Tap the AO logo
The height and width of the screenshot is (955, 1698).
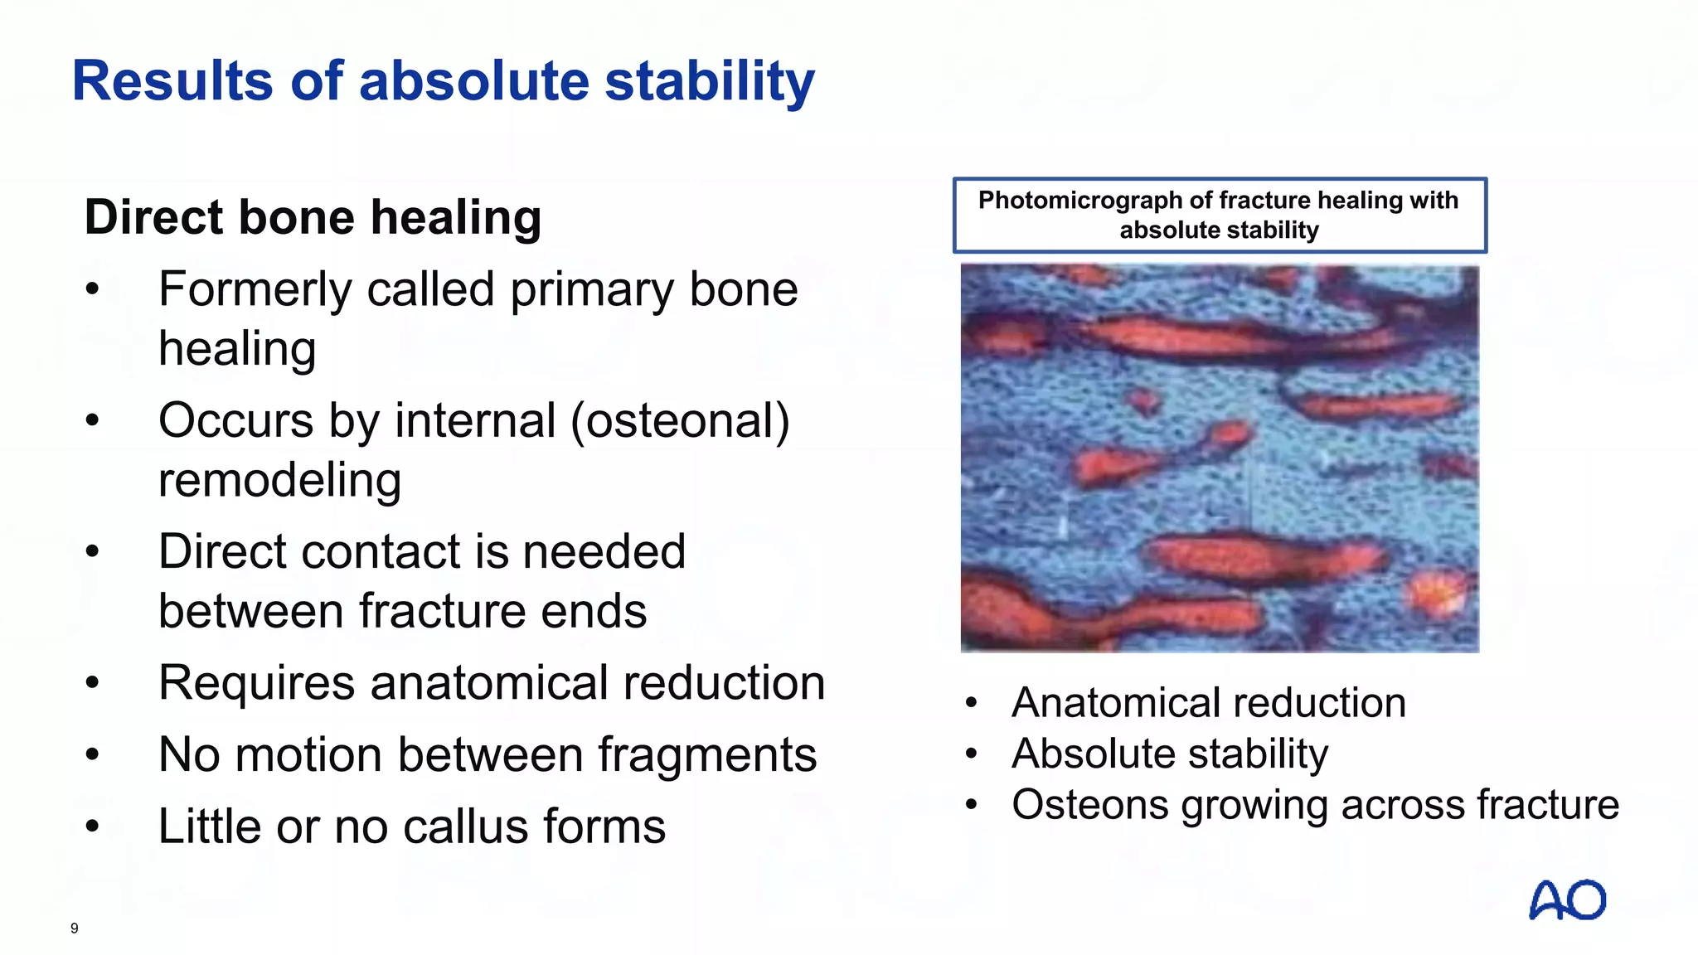(1567, 900)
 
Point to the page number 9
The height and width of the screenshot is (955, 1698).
(75, 928)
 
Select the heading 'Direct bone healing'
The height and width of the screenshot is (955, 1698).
(313, 217)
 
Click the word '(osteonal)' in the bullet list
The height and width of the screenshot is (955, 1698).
(680, 421)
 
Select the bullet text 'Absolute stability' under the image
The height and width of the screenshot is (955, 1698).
(1169, 754)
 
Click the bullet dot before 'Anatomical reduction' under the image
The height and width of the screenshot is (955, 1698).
(972, 704)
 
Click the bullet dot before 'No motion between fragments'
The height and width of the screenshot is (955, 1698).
(92, 755)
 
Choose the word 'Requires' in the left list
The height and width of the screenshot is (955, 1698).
(256, 684)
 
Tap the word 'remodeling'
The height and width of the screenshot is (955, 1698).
(279, 481)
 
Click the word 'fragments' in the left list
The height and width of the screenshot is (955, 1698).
(707, 755)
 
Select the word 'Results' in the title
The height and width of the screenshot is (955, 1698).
(172, 81)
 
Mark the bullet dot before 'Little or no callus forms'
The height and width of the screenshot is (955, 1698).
(92, 827)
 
